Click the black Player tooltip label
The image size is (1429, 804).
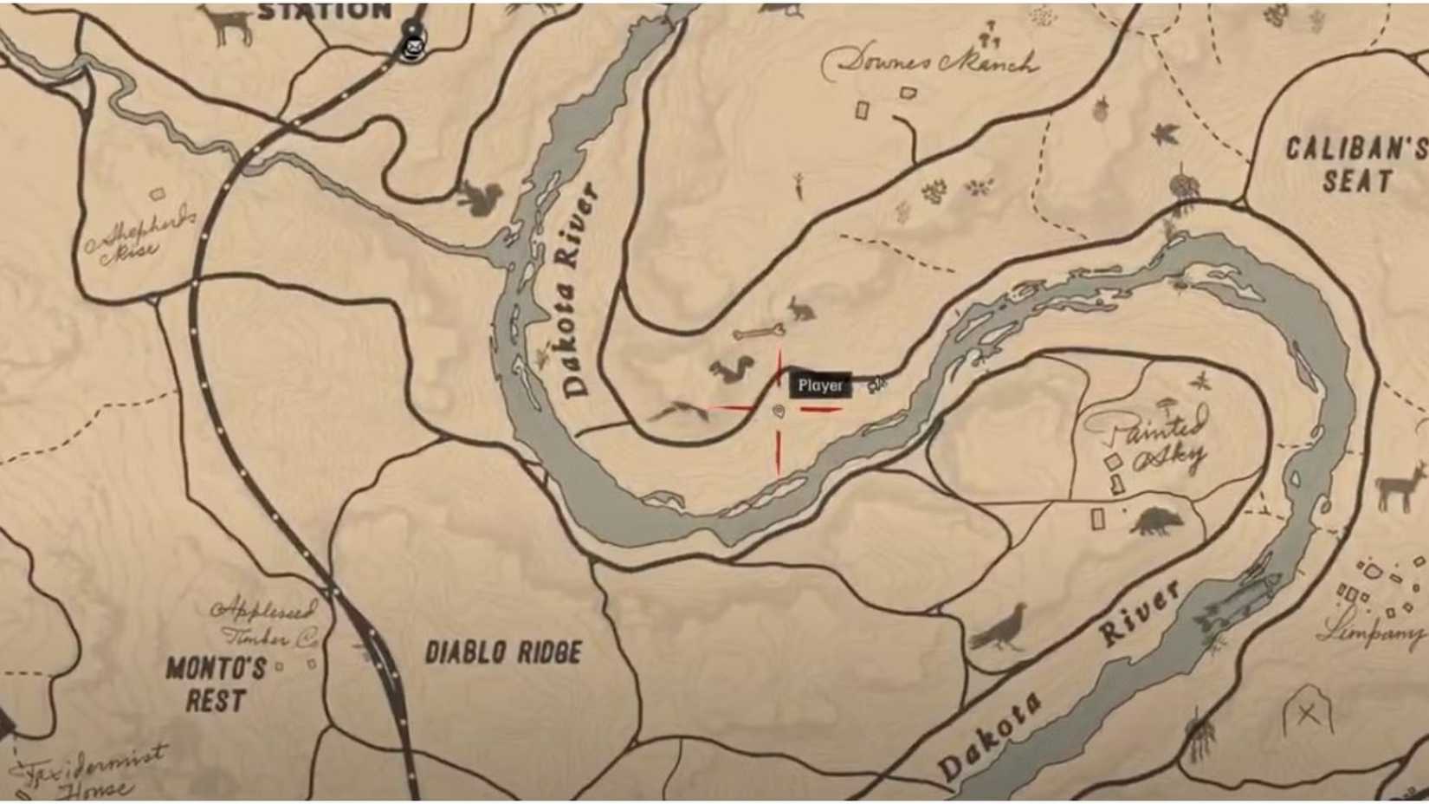click(x=820, y=386)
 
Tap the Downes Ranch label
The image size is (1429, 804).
click(x=929, y=62)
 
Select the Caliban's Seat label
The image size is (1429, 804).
click(x=1355, y=165)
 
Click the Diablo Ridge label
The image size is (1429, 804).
click(x=503, y=652)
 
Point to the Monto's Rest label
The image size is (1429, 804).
click(x=217, y=684)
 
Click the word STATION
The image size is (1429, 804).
click(x=325, y=11)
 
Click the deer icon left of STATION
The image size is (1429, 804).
click(x=227, y=23)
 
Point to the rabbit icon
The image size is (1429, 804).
click(x=800, y=308)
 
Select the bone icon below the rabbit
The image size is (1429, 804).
click(x=759, y=332)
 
